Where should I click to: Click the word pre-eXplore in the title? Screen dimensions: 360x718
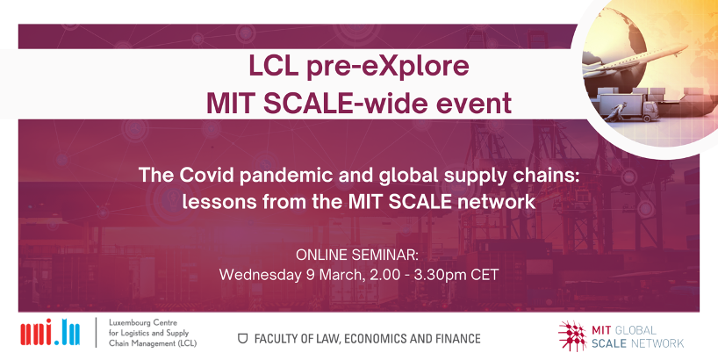(x=398, y=66)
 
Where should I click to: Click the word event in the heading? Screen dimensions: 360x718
(x=474, y=103)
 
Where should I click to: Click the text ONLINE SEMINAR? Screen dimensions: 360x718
(x=357, y=255)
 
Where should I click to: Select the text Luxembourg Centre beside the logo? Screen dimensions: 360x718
(x=140, y=323)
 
